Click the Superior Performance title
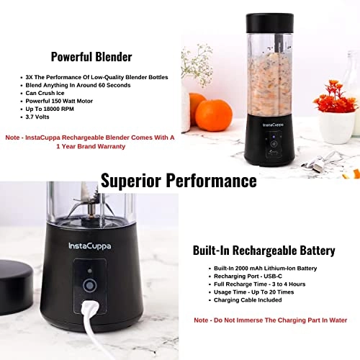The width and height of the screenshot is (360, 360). (x=179, y=179)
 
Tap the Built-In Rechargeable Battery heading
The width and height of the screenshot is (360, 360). (x=264, y=251)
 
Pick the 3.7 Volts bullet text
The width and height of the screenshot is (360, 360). (x=40, y=120)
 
